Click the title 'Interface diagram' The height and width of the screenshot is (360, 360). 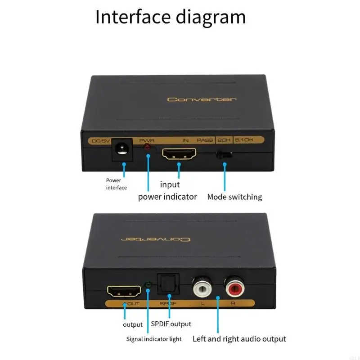(x=170, y=17)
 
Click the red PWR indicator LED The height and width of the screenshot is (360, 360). (x=147, y=147)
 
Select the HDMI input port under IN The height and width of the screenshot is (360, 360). (x=179, y=154)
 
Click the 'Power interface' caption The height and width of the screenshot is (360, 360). (x=116, y=184)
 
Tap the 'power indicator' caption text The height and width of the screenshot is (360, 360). (x=167, y=197)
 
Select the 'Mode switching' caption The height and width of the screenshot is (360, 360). (x=234, y=197)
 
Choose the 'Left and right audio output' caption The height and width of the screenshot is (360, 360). (x=239, y=339)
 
